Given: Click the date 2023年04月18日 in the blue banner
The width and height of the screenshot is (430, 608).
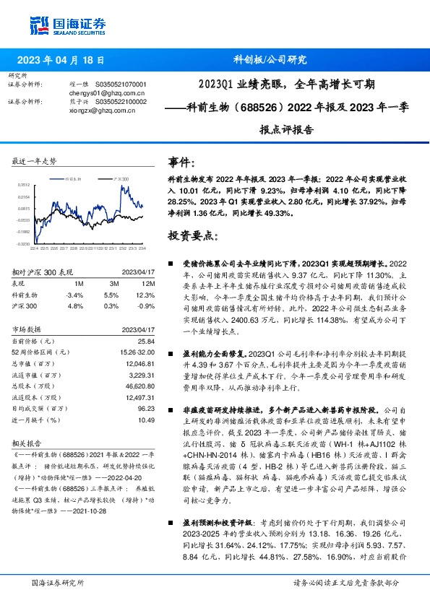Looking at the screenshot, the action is pos(60,61).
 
